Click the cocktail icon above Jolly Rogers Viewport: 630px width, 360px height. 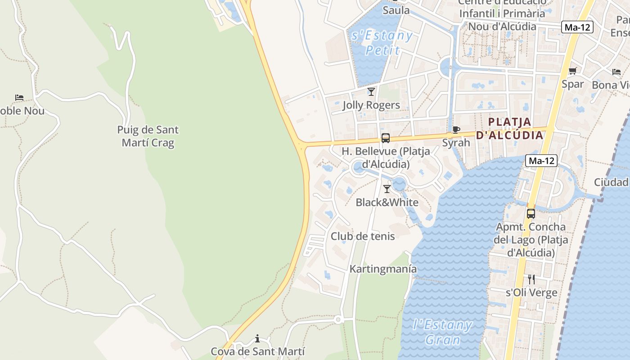371,92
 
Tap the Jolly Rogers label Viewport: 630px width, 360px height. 371,105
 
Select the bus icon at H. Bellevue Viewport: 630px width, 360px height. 386,138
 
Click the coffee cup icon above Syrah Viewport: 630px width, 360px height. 456,130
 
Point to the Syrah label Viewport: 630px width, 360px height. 456,143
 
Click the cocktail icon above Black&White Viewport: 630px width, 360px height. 387,189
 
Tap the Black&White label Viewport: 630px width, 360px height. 387,202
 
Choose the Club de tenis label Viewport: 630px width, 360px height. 363,236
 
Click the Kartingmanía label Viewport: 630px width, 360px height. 383,269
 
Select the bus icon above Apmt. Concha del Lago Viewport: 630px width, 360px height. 531,214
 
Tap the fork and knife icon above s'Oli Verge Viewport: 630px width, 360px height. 531,279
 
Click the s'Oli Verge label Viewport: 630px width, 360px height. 531,293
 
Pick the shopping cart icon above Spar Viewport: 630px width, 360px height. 573,71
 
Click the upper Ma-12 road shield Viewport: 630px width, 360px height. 577,27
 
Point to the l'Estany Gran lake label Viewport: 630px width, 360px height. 442,332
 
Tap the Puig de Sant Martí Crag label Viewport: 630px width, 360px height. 148,136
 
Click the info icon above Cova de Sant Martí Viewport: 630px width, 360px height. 257,338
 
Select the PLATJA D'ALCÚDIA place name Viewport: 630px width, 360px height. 509,128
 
